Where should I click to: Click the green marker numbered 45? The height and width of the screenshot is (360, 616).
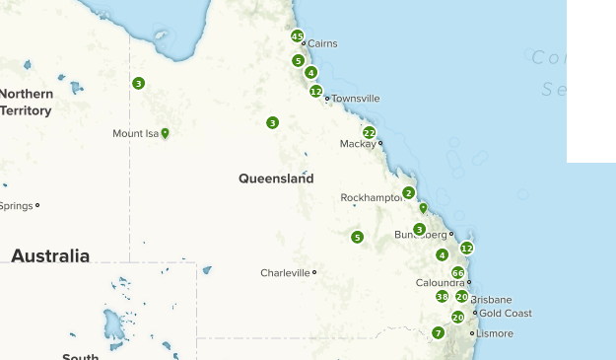(297, 36)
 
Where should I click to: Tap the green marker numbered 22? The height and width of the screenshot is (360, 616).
(369, 132)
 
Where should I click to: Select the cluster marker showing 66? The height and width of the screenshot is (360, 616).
(457, 272)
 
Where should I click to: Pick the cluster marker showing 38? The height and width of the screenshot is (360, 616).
(442, 296)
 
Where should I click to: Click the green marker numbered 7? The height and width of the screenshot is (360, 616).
(438, 332)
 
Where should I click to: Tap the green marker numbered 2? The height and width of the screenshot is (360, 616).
(408, 192)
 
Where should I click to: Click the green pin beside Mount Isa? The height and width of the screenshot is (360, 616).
(165, 133)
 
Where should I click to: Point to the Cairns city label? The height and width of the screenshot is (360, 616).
(322, 43)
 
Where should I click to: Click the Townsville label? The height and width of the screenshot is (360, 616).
(355, 99)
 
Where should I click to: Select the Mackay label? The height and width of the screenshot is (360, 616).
(358, 144)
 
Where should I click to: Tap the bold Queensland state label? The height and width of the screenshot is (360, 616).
(276, 179)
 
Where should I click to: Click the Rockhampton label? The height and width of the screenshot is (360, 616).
(373, 197)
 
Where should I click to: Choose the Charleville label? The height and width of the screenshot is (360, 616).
(285, 272)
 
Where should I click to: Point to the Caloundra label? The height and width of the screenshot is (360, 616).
(440, 283)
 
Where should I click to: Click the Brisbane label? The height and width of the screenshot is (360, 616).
(491, 299)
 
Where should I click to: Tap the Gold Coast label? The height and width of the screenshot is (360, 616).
(505, 314)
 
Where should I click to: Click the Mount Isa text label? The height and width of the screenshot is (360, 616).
(135, 133)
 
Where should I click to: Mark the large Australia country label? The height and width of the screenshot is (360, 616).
(50, 255)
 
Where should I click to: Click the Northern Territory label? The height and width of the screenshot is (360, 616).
(26, 102)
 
